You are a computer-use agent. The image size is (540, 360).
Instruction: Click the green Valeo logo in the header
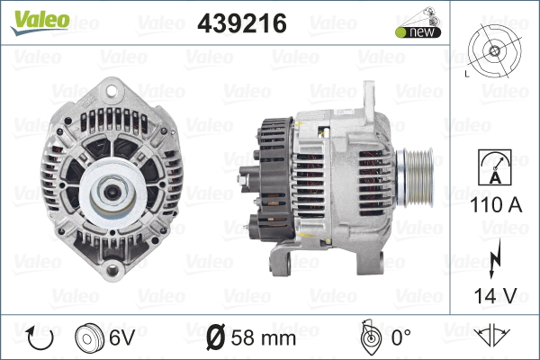click(x=40, y=22)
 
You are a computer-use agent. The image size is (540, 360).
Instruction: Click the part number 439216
click(x=242, y=23)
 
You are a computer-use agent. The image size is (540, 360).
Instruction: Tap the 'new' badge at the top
click(x=418, y=32)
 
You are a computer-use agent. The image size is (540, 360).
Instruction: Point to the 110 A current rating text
click(x=496, y=205)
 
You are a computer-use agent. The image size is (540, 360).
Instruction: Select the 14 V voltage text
click(x=496, y=295)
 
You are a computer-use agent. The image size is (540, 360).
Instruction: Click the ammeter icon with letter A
click(x=495, y=167)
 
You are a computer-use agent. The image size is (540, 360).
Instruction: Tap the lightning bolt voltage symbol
click(x=495, y=258)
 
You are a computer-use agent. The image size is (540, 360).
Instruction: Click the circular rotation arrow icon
click(x=40, y=337)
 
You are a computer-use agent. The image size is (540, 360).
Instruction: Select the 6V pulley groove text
click(x=121, y=337)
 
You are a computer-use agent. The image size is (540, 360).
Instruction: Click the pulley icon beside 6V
click(x=89, y=337)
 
